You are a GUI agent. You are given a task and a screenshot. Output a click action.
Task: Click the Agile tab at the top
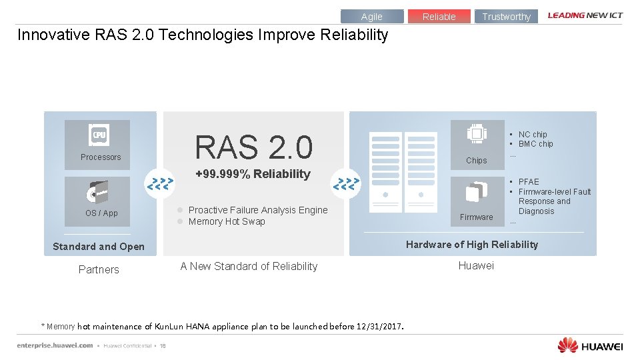point(372,17)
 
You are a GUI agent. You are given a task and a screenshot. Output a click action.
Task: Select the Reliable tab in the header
point(439,17)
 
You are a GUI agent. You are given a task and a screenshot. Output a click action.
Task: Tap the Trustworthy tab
point(506,17)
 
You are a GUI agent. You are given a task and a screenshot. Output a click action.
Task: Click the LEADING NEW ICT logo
point(585,15)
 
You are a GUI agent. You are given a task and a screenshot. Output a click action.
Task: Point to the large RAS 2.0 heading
point(253,147)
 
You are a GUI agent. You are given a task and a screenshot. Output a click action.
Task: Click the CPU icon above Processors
point(99,135)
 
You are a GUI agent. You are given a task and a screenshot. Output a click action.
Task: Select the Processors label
point(101,157)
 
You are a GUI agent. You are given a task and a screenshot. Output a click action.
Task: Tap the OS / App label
point(101,213)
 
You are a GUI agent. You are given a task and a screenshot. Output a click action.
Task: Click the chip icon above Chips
point(477,133)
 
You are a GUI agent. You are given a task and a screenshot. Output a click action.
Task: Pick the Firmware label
point(477,217)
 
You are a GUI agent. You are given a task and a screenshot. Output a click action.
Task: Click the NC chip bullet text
point(533,135)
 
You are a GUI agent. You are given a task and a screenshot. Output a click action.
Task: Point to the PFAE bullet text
point(529,182)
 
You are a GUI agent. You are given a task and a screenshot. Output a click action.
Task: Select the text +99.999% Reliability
point(253,174)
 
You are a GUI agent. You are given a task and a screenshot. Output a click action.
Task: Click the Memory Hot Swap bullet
point(227,222)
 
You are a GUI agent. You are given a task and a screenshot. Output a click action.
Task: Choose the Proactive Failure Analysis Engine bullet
point(258,210)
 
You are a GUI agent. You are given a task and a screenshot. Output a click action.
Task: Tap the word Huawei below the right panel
point(476,266)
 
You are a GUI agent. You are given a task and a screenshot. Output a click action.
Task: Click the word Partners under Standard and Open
point(99,269)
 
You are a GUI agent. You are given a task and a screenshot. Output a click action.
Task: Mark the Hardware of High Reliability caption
point(472,245)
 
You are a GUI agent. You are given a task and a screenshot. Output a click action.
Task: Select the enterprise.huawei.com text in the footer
point(55,345)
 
